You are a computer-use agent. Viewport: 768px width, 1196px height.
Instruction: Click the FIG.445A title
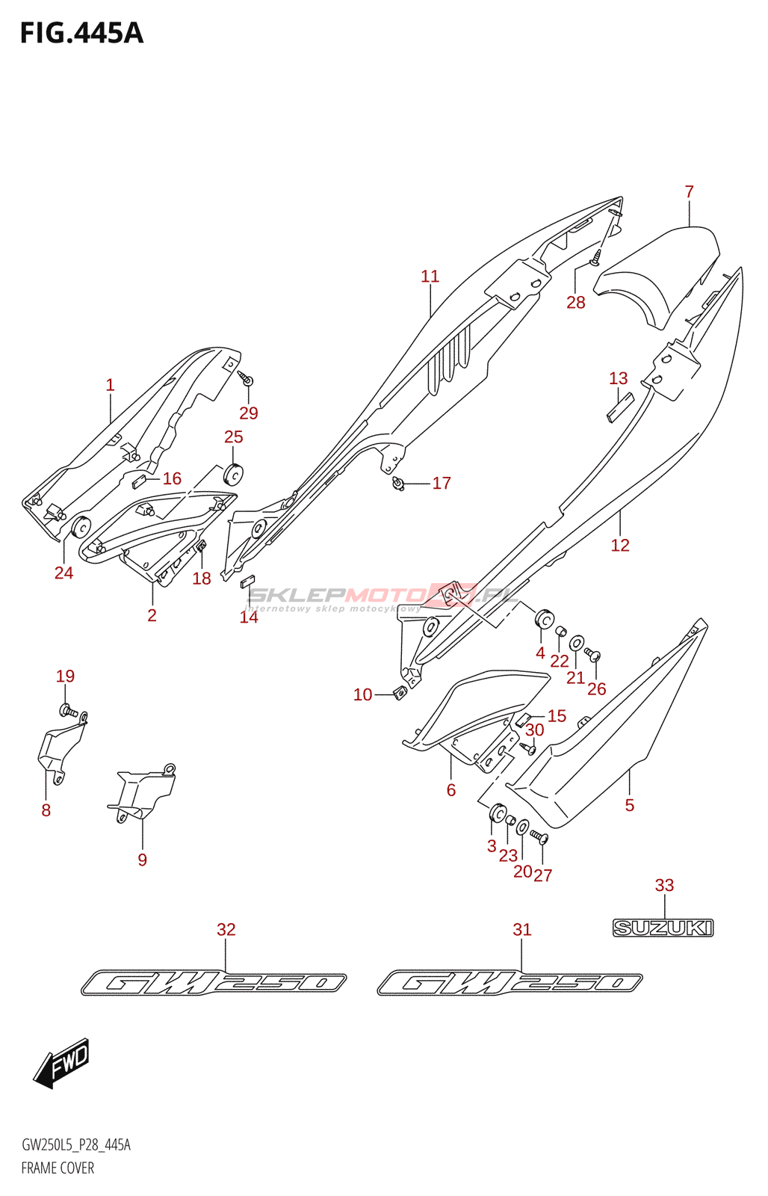tap(81, 33)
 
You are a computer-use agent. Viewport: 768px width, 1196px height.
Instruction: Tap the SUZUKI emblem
tap(663, 928)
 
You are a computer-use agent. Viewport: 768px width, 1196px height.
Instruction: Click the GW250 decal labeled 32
tap(214, 982)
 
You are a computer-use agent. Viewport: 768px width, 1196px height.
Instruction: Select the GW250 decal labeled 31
tap(510, 982)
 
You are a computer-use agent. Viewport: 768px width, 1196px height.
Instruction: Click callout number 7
tap(689, 192)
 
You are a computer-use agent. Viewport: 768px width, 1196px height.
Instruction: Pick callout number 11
tap(430, 277)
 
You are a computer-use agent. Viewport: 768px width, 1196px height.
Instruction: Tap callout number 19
tap(65, 676)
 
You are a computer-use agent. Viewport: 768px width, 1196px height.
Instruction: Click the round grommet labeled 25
tap(234, 474)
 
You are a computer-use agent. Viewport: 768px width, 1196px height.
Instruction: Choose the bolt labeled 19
tap(66, 709)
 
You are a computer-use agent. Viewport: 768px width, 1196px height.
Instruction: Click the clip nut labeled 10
tap(400, 692)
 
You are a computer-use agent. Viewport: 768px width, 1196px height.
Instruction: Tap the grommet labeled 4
tap(544, 620)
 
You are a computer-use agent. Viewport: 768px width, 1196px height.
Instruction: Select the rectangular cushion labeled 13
tap(619, 407)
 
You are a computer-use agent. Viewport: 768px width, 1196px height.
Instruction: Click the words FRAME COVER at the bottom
tap(58, 1168)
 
